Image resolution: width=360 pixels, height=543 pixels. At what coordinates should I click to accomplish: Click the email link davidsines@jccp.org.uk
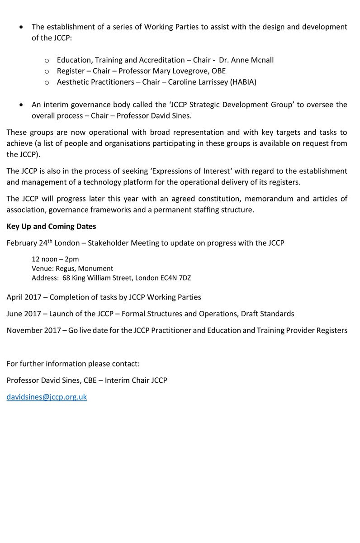point(47,397)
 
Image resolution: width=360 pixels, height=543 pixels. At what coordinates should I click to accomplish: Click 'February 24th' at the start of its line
point(27,243)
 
